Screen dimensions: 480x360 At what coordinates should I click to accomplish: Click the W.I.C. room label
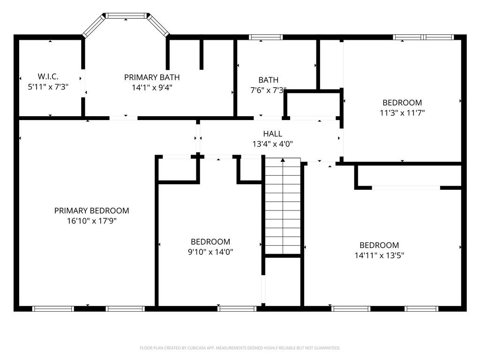point(48,76)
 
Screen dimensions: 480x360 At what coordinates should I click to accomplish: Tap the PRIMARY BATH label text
point(152,77)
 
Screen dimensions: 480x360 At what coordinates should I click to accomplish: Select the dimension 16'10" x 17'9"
point(92,221)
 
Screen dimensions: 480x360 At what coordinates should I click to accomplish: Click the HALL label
point(272,134)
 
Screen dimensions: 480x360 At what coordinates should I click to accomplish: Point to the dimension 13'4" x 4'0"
point(272,144)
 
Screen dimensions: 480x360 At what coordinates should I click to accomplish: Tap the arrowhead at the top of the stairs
point(283,160)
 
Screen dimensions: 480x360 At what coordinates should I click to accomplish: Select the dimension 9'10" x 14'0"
point(210,252)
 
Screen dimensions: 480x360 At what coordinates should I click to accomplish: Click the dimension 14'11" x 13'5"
point(379,255)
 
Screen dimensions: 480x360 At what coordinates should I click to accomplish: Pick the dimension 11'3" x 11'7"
point(402,112)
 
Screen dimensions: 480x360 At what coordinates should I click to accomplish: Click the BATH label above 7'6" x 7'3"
point(269,80)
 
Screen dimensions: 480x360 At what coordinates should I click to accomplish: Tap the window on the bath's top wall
point(266,37)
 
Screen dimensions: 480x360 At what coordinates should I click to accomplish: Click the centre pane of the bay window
point(126,15)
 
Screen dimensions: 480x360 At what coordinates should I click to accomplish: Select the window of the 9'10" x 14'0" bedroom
point(237,308)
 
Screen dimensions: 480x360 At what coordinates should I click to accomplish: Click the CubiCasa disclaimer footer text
point(240,348)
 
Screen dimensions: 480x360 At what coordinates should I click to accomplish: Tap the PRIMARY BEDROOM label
point(91,210)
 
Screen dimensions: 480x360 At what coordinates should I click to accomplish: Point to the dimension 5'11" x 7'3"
point(48,87)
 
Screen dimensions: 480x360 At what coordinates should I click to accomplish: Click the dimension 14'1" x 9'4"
point(152,88)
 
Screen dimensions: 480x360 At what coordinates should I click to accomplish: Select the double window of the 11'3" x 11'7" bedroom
point(423,37)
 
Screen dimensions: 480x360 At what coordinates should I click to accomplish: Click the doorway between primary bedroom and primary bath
point(123,118)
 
